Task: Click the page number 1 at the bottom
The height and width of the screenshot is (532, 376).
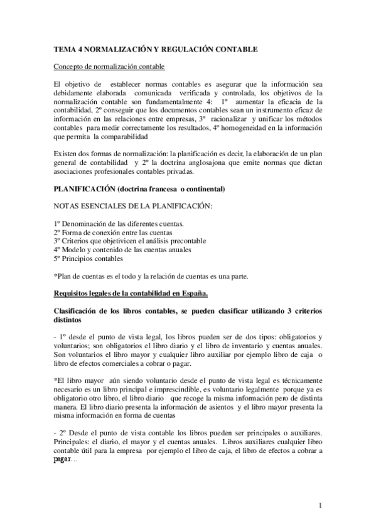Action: (320, 505)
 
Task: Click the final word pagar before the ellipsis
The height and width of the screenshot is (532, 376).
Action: (63, 459)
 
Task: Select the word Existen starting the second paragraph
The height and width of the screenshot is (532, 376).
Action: (65, 153)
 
